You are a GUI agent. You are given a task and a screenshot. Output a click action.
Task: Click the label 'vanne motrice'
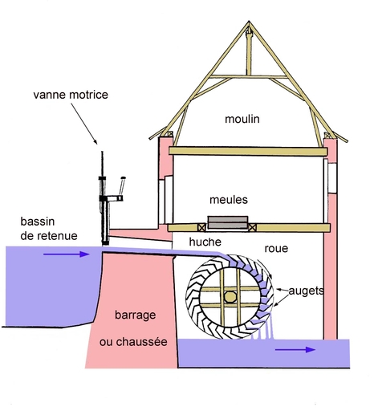coord(71,95)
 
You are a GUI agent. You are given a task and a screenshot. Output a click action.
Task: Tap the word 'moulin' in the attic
coord(242,119)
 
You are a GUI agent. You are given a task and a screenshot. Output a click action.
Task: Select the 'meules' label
coord(229,200)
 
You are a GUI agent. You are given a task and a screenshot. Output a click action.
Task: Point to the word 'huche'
coord(205,242)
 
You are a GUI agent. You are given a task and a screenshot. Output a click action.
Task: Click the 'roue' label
coord(276,249)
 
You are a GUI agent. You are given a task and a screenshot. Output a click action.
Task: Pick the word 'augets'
coord(306,291)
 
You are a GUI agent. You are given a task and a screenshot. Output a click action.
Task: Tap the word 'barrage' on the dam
coord(136,315)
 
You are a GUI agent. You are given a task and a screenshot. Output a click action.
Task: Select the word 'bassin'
coord(38,222)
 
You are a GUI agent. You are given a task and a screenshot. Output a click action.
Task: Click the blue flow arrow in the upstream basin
coord(67,254)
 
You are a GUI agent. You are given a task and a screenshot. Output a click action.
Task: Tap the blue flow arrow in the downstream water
coord(295,349)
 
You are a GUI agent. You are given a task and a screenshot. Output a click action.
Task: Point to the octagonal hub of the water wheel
coord(230,297)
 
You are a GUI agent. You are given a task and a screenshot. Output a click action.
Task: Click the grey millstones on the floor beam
coord(228,222)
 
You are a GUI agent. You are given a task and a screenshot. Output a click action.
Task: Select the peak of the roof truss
coord(249,21)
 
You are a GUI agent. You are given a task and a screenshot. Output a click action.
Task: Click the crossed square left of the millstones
coord(201,228)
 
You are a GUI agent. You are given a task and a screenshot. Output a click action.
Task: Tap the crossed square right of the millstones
coord(252,228)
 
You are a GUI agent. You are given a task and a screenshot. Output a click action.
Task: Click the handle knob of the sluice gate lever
coord(124,178)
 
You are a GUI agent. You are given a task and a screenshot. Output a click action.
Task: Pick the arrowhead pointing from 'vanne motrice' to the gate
coord(96,142)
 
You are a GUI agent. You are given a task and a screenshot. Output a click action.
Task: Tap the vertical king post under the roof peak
coord(249,52)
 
